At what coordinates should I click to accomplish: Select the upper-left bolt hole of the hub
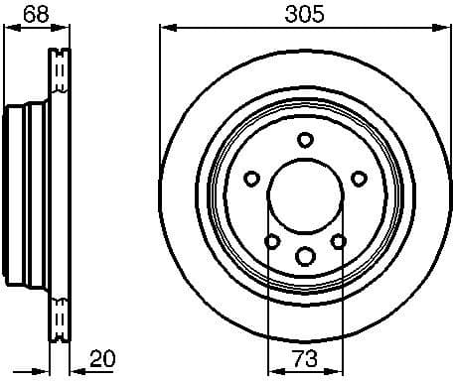tap(251, 179)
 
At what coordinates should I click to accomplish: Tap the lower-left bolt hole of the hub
tap(271, 240)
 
